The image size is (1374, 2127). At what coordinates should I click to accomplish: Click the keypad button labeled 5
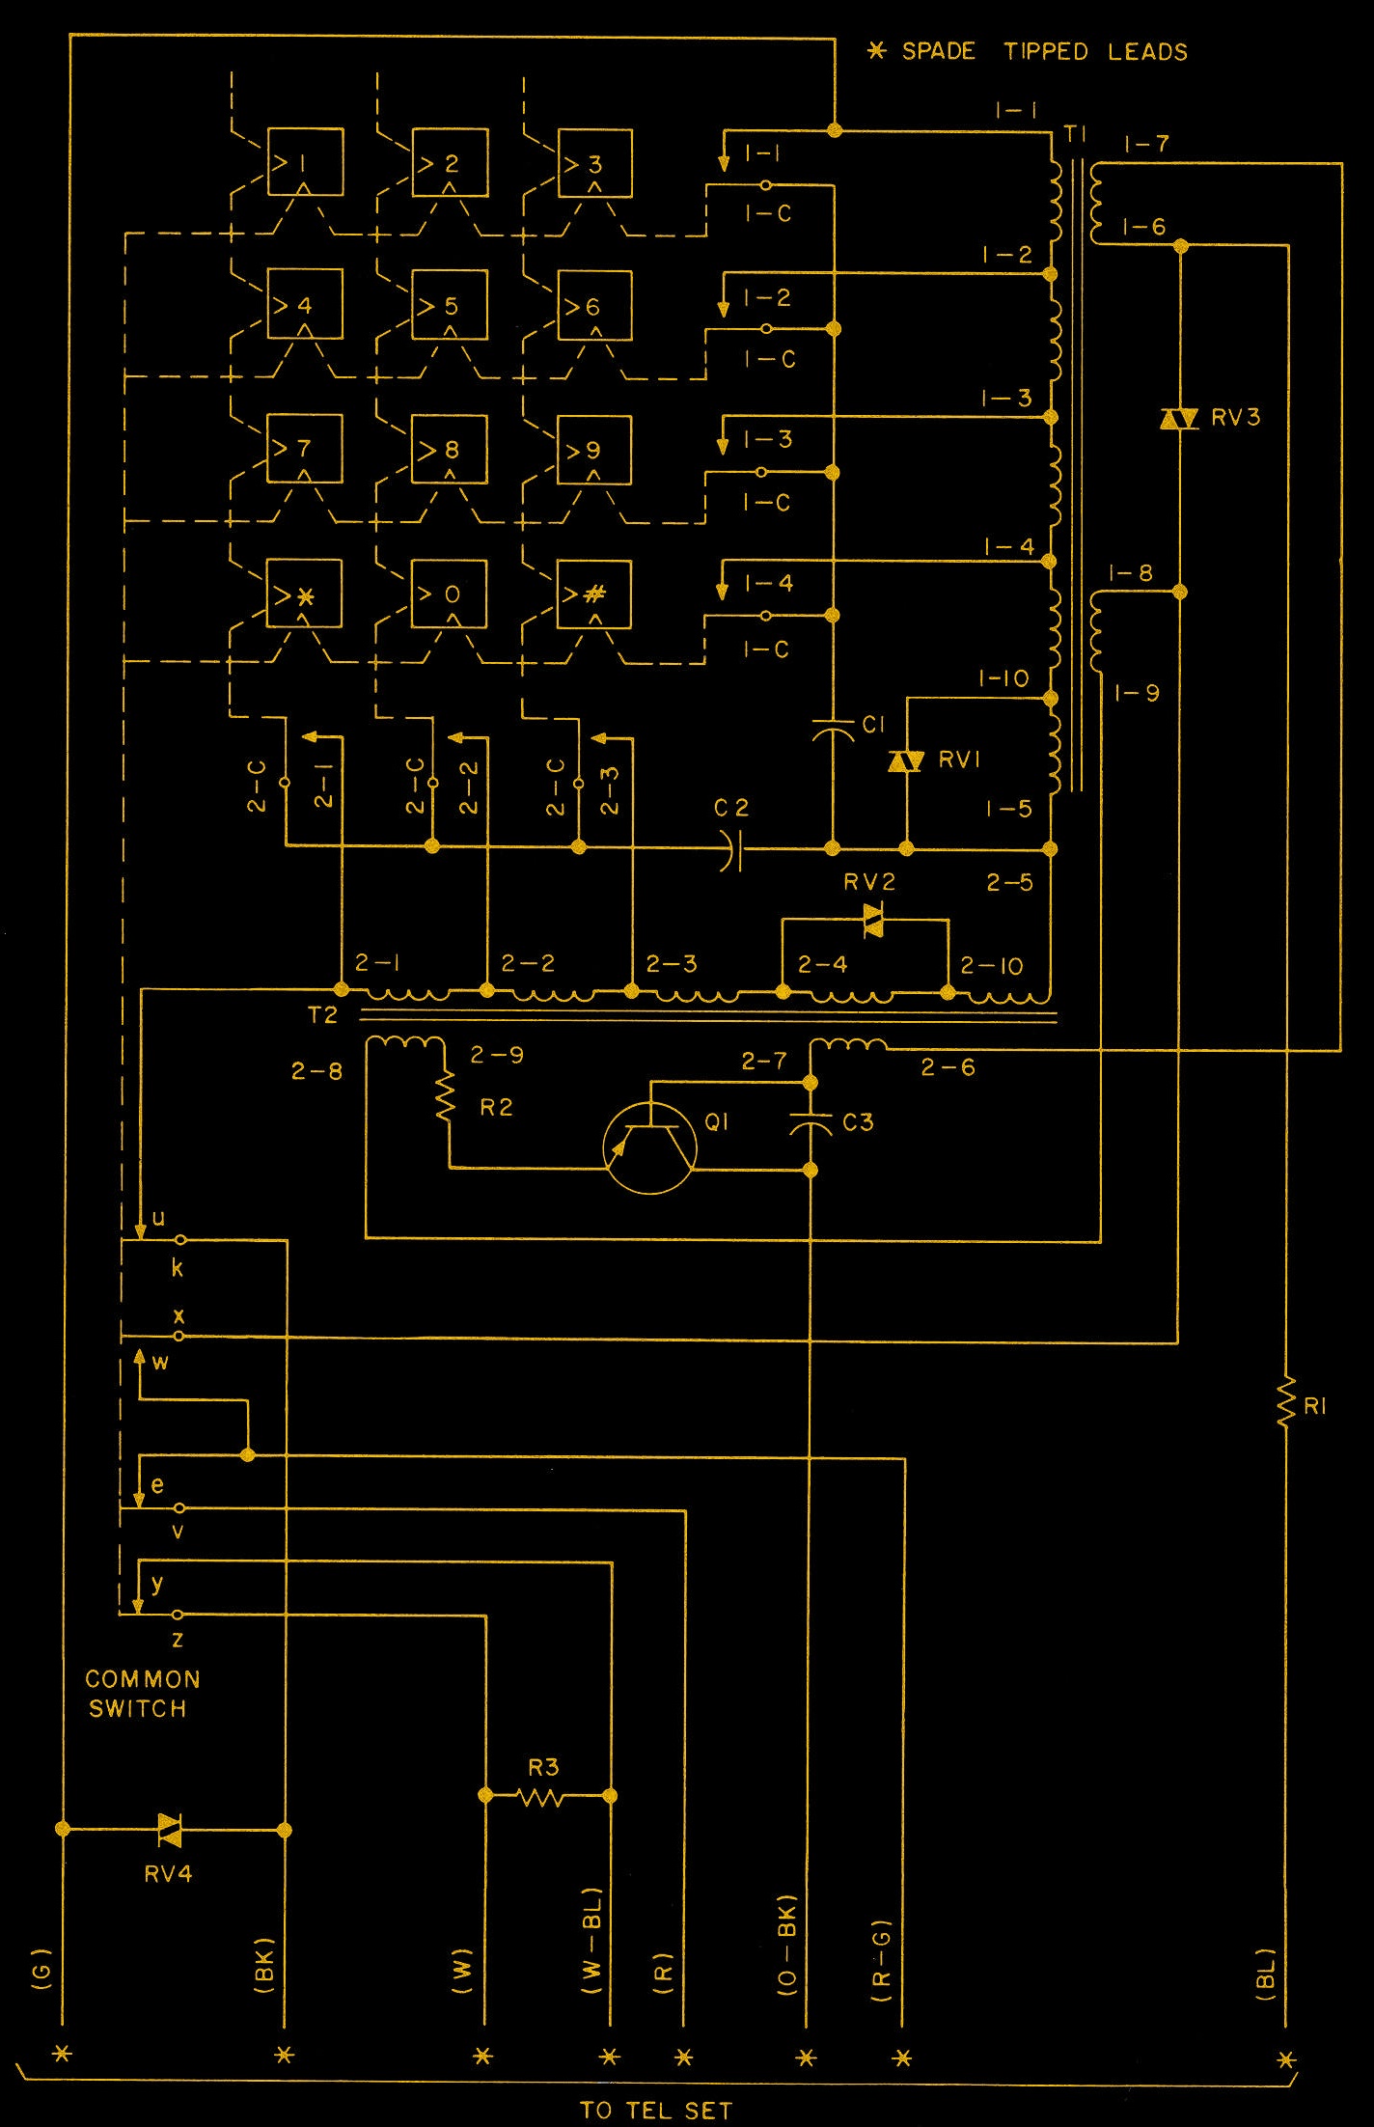449,305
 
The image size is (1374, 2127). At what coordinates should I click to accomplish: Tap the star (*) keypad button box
304,594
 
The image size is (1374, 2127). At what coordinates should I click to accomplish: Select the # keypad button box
594,594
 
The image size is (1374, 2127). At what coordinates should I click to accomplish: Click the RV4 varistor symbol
170,1829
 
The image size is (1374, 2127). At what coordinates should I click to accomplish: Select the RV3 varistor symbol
1178,418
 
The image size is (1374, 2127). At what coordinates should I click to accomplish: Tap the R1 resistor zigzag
1286,1404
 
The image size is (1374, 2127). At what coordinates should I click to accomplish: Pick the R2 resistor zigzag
446,1099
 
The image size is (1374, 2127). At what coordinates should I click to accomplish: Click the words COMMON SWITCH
141,1694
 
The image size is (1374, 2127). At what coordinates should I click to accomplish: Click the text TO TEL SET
656,2110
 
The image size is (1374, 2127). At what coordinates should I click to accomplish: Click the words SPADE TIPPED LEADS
1044,51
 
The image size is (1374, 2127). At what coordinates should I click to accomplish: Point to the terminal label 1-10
1003,678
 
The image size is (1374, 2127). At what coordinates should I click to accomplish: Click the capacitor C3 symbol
811,1123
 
